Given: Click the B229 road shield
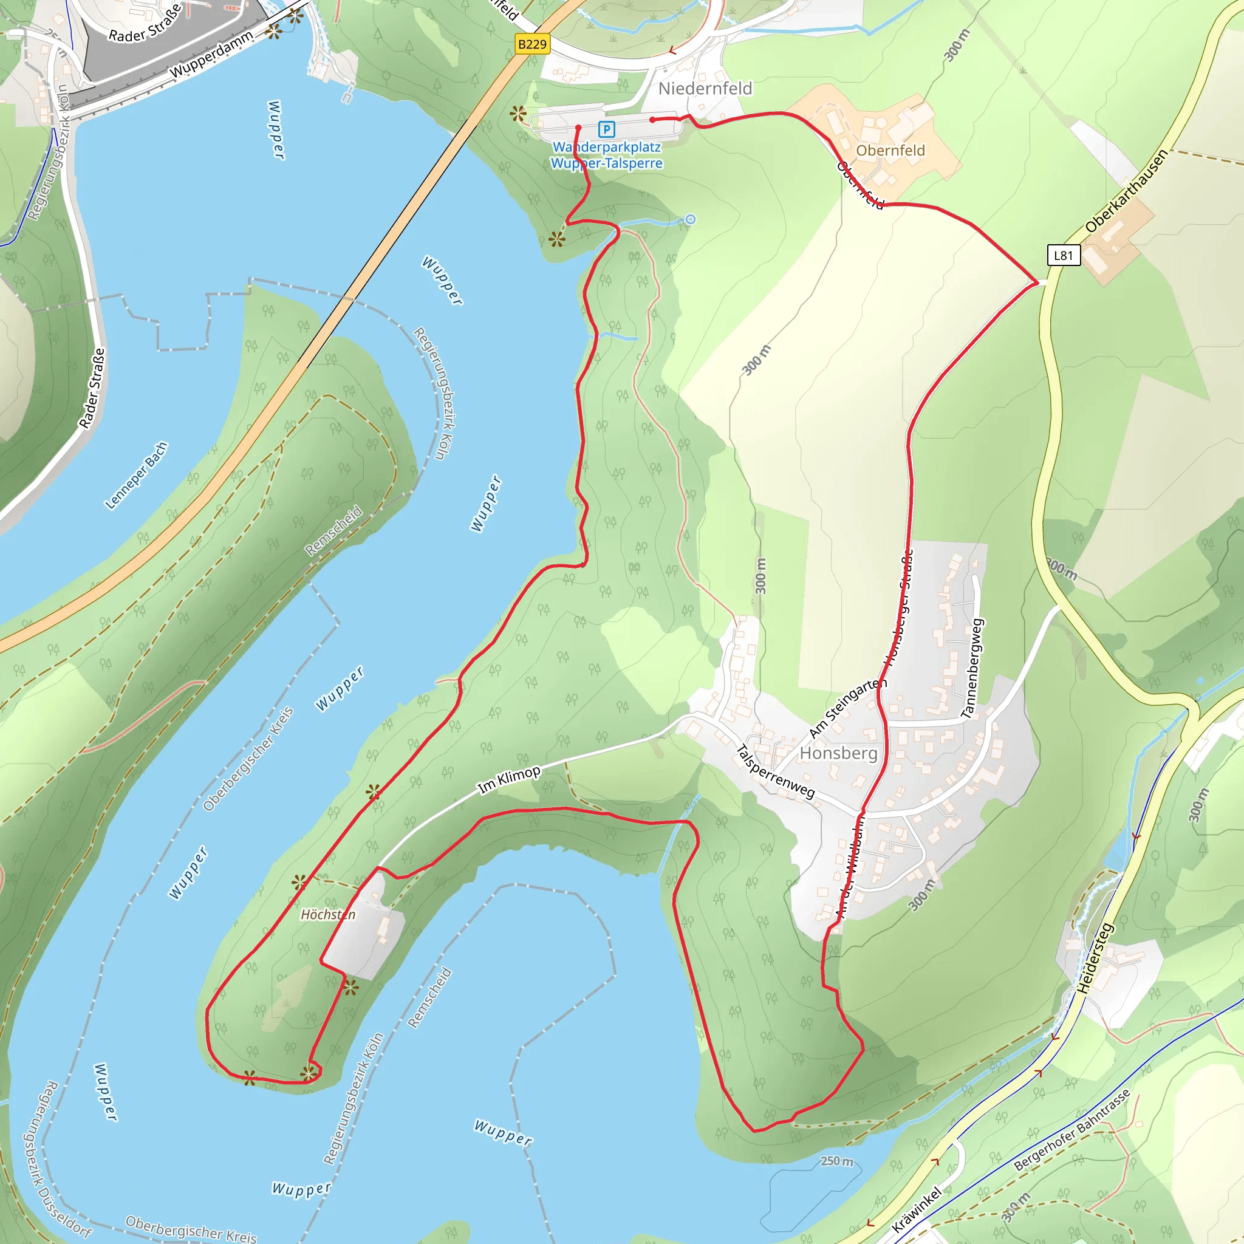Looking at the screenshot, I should coord(533,44).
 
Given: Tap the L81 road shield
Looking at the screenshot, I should coord(1063,255).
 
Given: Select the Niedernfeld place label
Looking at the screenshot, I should coord(705,88).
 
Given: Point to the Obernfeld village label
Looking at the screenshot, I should coord(890,150).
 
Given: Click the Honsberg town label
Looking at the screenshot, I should coord(838,753).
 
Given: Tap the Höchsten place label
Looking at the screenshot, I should coord(328,914).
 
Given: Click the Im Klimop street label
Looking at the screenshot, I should coord(508,780).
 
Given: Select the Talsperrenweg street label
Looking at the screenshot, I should coord(775,771).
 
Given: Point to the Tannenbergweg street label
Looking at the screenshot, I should coord(972,668).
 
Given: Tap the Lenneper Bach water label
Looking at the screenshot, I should coord(137,475).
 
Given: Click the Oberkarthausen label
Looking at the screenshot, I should coord(1126,191).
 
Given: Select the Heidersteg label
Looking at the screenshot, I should coord(1095,958).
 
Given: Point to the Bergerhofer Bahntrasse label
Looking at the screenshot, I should coord(1072,1129).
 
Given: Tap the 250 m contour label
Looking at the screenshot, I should coord(836,1161).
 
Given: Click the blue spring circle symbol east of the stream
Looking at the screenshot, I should coord(690,219).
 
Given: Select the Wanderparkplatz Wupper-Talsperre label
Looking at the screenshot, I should coord(607,155).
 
